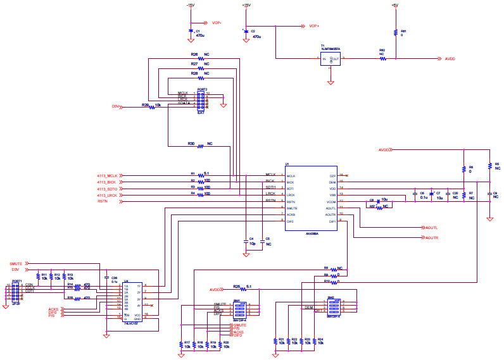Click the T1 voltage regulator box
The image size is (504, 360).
tap(331, 59)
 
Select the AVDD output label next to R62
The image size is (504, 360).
tap(450, 59)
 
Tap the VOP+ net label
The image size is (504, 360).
tap(314, 26)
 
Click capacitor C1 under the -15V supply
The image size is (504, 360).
tap(191, 32)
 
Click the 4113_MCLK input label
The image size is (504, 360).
tap(108, 175)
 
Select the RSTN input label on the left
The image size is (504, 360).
tap(103, 202)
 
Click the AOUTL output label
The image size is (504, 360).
tap(432, 227)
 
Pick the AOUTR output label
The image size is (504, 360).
tap(432, 238)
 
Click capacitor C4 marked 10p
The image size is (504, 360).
tap(244, 241)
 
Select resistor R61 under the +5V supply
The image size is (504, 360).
tap(395, 32)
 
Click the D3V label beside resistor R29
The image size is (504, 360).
tap(116, 106)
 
